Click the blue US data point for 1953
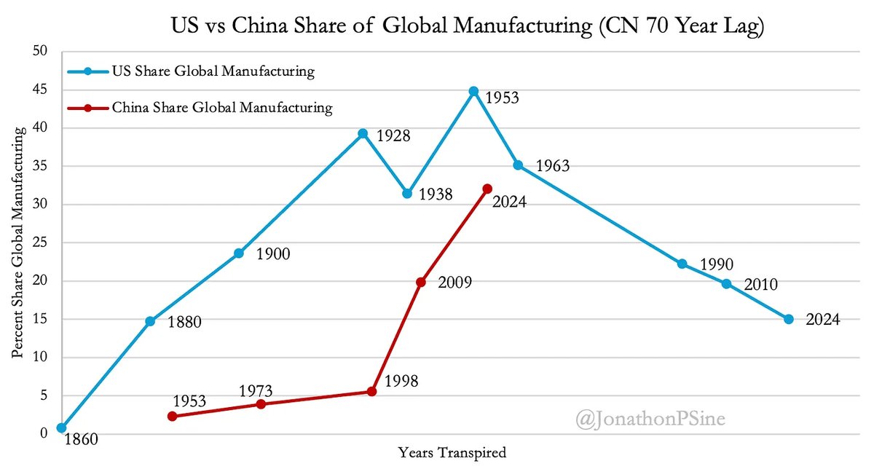(x=473, y=91)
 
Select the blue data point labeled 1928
(x=363, y=133)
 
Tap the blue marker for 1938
(x=407, y=194)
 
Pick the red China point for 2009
(x=420, y=282)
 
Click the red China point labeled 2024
(x=487, y=189)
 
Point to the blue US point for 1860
(x=62, y=428)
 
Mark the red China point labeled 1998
(x=371, y=391)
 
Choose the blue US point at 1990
(x=682, y=264)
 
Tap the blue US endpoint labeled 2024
(x=789, y=319)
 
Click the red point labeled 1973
(x=261, y=404)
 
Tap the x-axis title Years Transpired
(x=452, y=452)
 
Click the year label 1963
(x=552, y=167)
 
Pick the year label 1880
(x=184, y=322)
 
